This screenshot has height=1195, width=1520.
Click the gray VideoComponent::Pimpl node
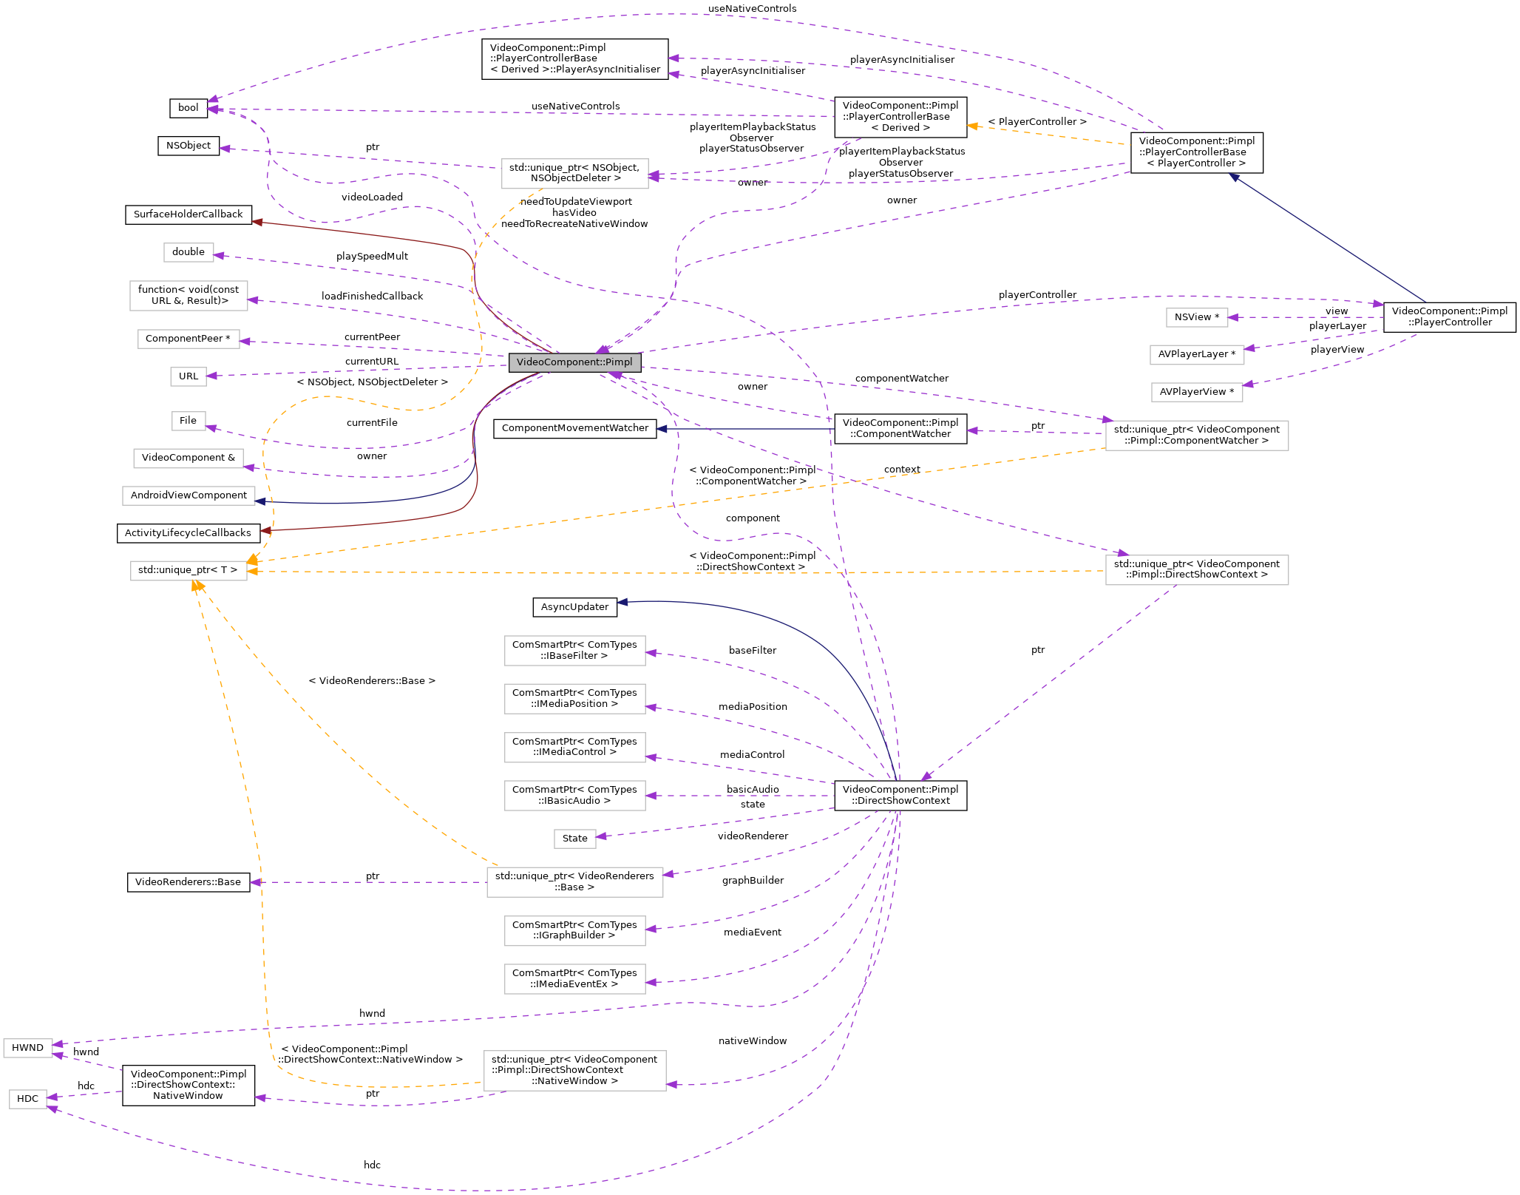point(574,362)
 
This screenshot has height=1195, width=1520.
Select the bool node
point(188,108)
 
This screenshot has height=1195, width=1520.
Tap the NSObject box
point(189,146)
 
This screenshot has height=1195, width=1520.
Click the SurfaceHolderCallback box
point(189,214)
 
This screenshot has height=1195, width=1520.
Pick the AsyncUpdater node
point(574,607)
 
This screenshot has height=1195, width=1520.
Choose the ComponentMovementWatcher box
point(574,428)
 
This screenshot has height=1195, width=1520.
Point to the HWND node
point(27,1048)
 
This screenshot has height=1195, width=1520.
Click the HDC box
point(27,1099)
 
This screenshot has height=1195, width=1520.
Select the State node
point(574,839)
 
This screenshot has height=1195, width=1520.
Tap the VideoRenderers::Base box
point(189,882)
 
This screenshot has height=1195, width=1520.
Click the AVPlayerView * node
point(1196,392)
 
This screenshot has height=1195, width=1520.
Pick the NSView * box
point(1196,317)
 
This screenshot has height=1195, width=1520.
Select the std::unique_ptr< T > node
point(189,570)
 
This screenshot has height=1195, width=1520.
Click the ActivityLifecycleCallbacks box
point(189,533)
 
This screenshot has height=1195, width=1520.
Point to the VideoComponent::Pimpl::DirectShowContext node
point(900,795)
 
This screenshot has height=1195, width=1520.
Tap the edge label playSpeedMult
point(372,257)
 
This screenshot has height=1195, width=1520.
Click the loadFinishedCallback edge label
point(372,297)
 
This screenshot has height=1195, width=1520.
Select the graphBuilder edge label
point(753,881)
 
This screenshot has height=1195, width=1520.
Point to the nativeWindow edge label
point(753,1041)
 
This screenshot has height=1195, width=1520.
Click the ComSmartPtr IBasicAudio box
point(574,795)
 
